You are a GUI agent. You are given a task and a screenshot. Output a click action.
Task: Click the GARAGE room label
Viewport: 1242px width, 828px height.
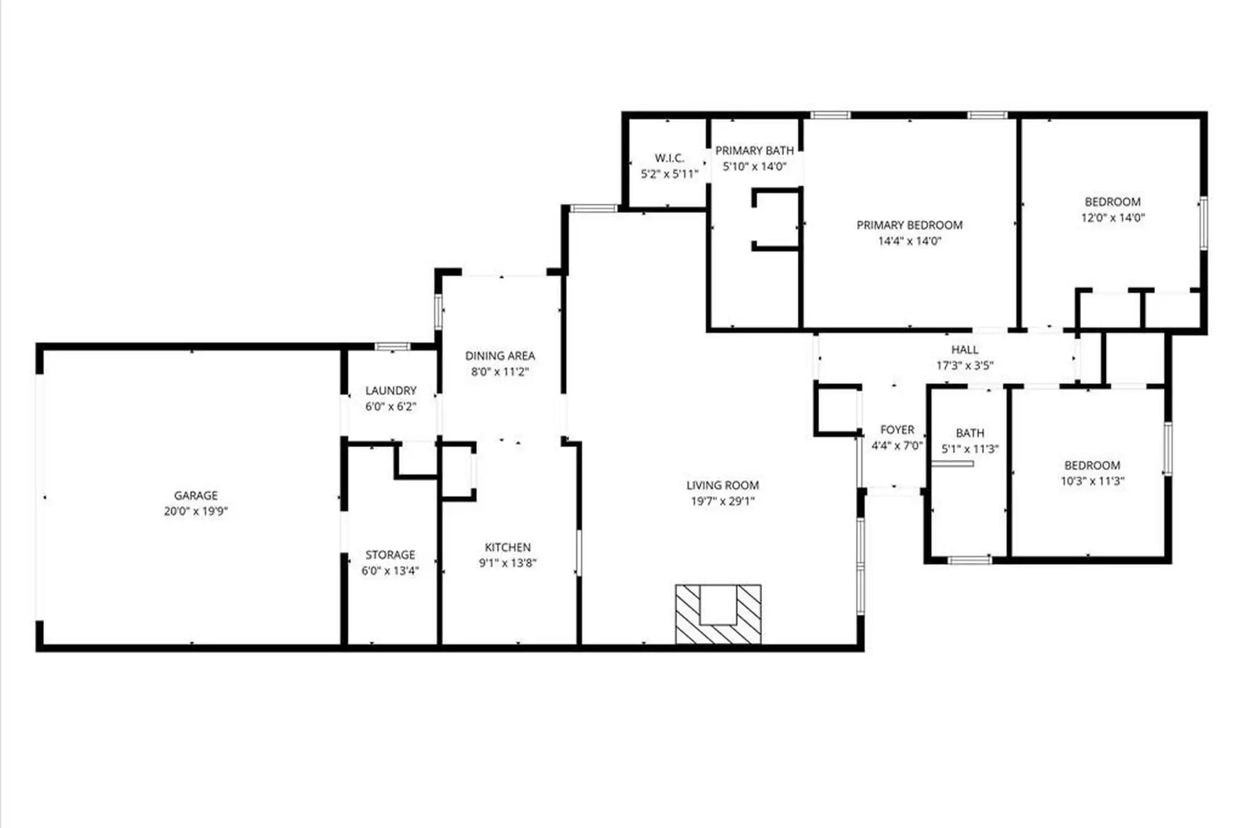(195, 495)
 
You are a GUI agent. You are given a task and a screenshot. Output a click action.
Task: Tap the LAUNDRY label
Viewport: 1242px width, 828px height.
(390, 390)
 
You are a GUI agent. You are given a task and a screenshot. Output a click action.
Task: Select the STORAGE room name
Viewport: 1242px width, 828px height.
(390, 555)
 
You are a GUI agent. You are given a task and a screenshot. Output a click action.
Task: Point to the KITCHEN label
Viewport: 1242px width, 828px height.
(507, 547)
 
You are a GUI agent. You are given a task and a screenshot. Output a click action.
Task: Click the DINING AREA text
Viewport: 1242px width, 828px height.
(500, 356)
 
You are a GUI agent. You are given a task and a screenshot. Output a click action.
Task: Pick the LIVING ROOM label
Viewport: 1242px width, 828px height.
(722, 485)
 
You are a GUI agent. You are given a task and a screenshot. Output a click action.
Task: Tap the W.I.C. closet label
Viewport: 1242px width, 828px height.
(669, 158)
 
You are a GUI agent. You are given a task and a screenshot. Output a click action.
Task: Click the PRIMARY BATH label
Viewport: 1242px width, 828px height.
(754, 151)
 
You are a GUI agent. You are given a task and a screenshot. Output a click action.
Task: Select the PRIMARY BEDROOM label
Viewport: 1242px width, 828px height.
(909, 225)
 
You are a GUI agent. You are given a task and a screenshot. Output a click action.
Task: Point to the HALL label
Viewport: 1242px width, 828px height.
(964, 350)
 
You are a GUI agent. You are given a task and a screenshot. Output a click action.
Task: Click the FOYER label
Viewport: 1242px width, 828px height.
(897, 430)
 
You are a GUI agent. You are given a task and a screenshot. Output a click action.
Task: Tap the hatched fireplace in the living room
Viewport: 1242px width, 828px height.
(718, 614)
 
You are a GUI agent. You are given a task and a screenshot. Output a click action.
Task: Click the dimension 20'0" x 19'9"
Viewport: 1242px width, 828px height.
(195, 511)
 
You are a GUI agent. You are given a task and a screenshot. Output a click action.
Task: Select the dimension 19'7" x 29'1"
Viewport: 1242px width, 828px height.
(722, 501)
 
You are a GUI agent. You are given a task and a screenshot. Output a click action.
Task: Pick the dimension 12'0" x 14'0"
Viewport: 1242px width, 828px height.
(1113, 218)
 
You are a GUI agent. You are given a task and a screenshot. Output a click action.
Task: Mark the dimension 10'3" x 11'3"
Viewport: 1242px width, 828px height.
(1092, 481)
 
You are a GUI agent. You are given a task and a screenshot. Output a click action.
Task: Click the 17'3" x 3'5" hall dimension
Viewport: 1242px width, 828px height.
(964, 366)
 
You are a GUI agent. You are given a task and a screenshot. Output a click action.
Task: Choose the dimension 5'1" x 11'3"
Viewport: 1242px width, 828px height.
(969, 449)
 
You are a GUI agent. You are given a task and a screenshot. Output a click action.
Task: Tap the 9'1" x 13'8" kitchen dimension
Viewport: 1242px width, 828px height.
(507, 563)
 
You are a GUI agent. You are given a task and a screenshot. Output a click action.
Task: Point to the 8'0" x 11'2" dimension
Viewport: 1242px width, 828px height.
(500, 372)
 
